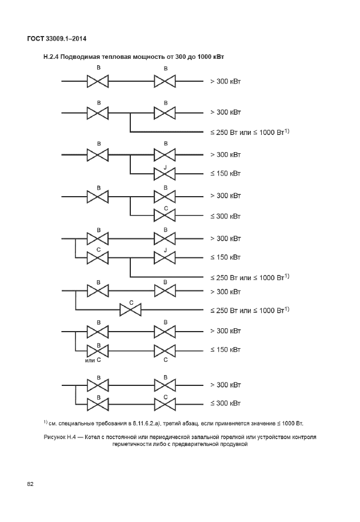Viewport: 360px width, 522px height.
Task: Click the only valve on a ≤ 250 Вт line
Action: pyautogui.click(x=131, y=310)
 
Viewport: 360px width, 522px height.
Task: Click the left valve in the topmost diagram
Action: pyautogui.click(x=98, y=81)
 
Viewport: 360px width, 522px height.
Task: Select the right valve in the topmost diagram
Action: pyautogui.click(x=165, y=81)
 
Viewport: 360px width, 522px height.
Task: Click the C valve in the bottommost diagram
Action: pyautogui.click(x=165, y=404)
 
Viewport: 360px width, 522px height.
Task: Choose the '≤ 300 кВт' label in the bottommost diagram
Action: pyautogui.click(x=225, y=404)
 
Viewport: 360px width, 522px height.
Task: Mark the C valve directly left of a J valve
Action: pyautogui.click(x=98, y=257)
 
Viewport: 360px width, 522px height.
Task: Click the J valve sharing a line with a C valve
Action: pyautogui.click(x=165, y=257)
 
